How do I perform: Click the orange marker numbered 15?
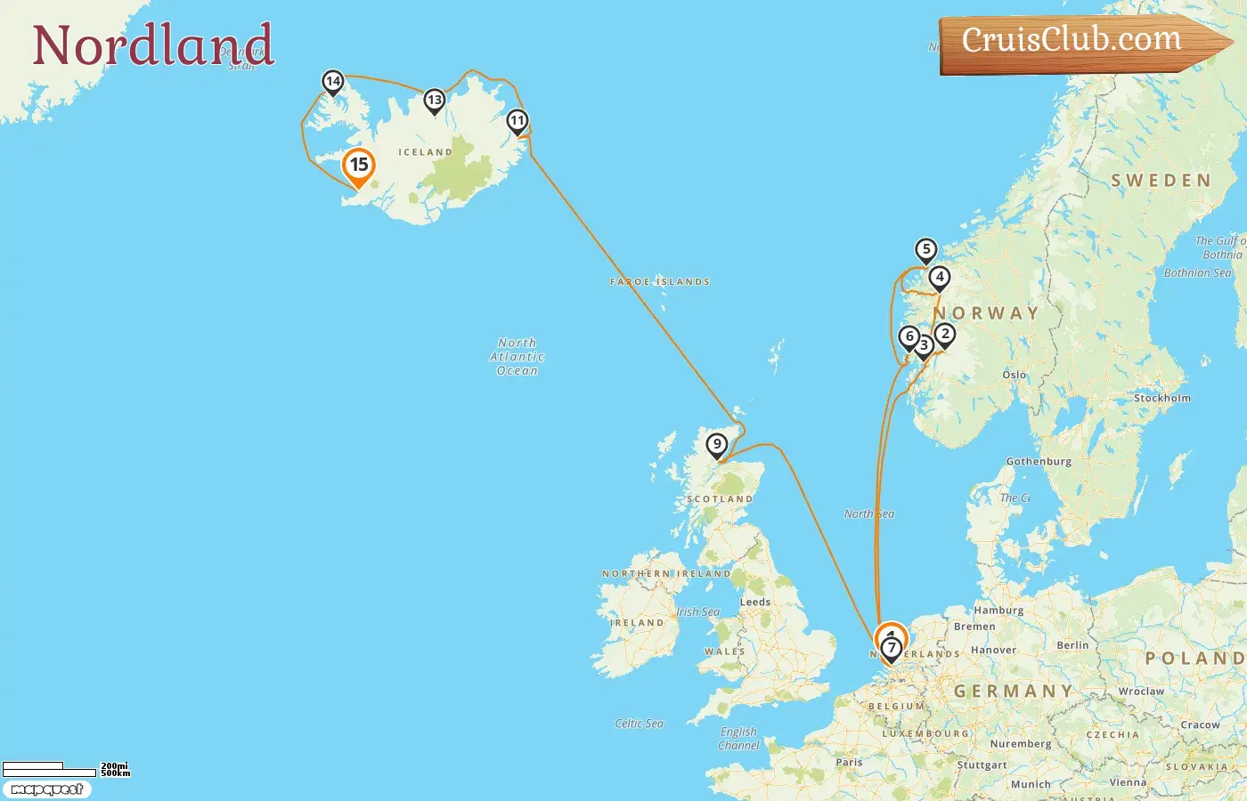[359, 166]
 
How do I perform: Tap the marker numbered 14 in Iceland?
[332, 82]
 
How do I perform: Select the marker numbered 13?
[434, 101]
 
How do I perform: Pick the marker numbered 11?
[518, 121]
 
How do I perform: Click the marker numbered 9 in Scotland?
[717, 444]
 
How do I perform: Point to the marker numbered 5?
[926, 250]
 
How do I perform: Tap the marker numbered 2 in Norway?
[945, 335]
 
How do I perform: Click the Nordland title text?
[152, 45]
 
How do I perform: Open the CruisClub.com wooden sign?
[1072, 41]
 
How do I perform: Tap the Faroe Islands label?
[660, 281]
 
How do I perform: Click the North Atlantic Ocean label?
[518, 356]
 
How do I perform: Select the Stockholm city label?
[1161, 398]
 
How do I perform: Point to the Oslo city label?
[1014, 375]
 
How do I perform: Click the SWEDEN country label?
[1161, 181]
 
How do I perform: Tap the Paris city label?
[849, 762]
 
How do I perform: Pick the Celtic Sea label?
[639, 724]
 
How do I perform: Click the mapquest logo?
[46, 789]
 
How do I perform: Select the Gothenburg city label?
[1039, 461]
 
